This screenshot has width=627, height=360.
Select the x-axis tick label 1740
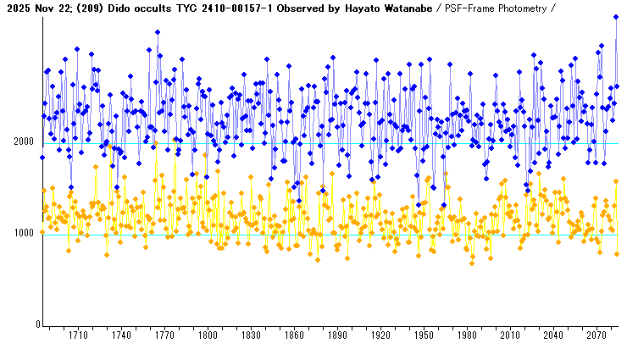click(x=121, y=335)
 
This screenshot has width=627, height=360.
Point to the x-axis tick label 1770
click(x=164, y=335)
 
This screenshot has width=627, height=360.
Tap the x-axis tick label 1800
click(x=208, y=335)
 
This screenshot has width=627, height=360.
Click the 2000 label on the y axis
click(x=24, y=142)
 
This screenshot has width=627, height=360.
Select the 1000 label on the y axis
click(x=24, y=234)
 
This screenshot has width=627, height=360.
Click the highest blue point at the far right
click(x=616, y=16)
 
